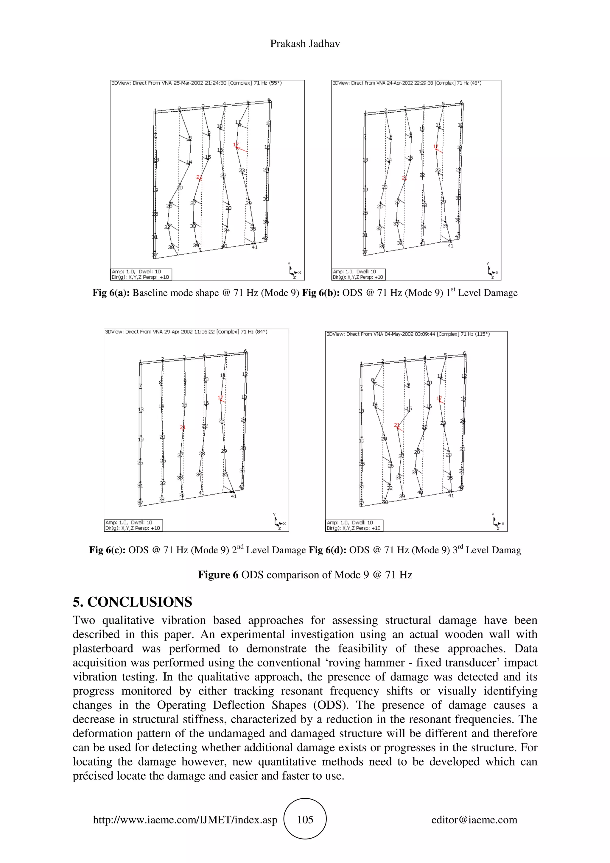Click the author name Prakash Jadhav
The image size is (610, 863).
305,44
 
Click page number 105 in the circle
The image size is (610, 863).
305,820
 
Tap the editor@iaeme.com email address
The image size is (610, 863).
474,820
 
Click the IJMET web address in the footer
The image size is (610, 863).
185,820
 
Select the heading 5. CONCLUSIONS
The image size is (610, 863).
132,602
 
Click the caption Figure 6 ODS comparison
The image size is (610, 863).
305,575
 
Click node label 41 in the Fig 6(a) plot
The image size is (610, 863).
254,247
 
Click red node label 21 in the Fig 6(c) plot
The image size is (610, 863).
182,427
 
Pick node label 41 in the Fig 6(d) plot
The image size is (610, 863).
451,496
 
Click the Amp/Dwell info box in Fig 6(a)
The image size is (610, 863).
141,274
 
